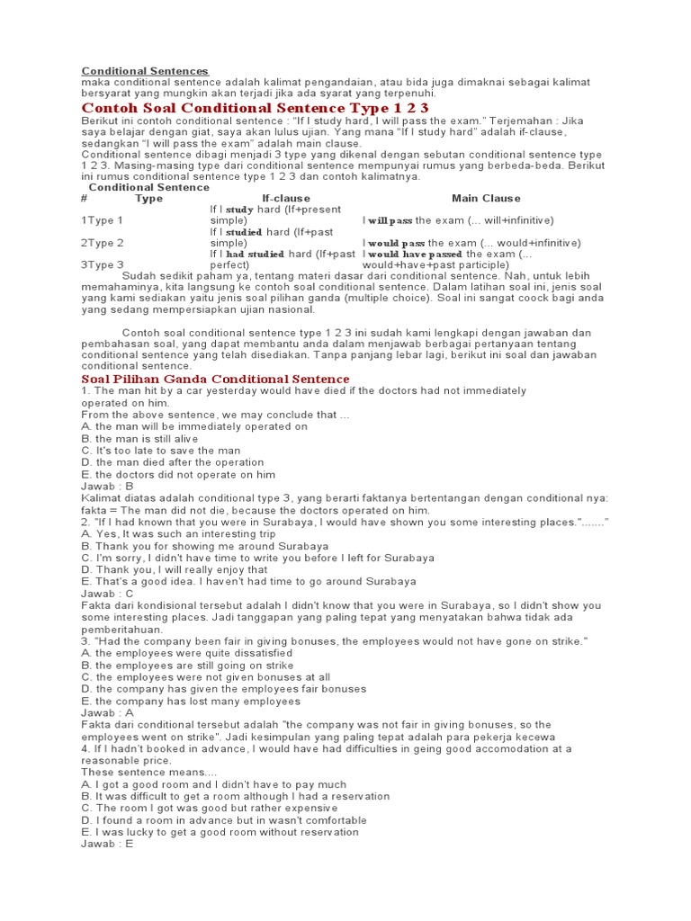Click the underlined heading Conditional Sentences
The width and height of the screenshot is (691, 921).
145,71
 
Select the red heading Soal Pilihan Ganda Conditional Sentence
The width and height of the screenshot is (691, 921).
201,380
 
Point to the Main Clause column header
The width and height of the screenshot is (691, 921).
486,199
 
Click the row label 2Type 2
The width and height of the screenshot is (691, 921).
103,243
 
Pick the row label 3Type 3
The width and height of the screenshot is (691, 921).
103,265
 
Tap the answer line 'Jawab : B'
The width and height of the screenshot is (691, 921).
107,487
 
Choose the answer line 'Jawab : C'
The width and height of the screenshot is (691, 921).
107,594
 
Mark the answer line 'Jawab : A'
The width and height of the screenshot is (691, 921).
107,712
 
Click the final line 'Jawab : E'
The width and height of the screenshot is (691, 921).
107,844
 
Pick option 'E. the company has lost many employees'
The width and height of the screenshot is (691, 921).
192,701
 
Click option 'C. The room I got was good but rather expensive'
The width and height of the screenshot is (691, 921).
220,808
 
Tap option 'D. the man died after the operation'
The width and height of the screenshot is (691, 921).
173,462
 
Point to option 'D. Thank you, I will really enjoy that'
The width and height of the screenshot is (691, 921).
175,569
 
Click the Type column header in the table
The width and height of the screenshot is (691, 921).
148,199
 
